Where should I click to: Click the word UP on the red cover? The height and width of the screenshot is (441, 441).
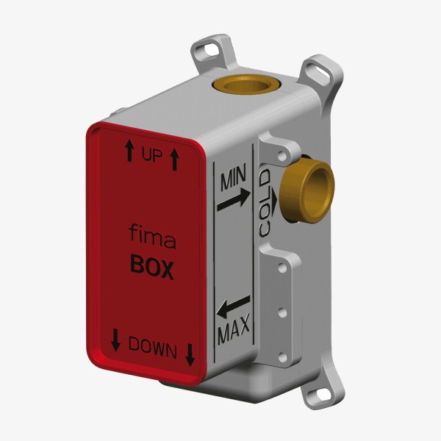pyautogui.click(x=152, y=155)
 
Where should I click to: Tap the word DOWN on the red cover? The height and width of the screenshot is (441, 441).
pyautogui.click(x=153, y=348)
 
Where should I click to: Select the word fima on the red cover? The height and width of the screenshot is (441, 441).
pyautogui.click(x=152, y=237)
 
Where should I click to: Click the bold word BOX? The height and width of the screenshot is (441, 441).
pyautogui.click(x=152, y=267)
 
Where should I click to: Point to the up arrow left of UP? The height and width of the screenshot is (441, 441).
pyautogui.click(x=129, y=151)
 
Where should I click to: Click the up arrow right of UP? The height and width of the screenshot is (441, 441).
pyautogui.click(x=175, y=159)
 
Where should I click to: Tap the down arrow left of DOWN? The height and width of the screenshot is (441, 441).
pyautogui.click(x=116, y=340)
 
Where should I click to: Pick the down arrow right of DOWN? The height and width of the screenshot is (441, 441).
pyautogui.click(x=190, y=355)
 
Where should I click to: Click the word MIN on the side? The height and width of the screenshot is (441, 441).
pyautogui.click(x=233, y=177)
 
